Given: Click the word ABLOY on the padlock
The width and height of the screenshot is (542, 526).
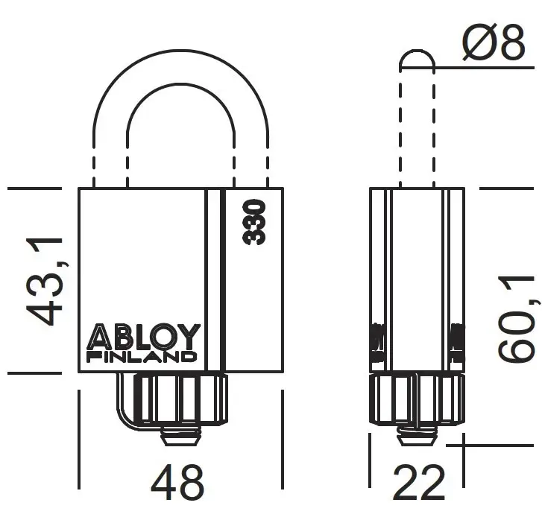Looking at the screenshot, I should (x=144, y=338).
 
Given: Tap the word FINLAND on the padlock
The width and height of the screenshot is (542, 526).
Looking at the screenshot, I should (x=142, y=357).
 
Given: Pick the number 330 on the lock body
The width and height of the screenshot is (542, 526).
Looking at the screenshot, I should (x=255, y=222).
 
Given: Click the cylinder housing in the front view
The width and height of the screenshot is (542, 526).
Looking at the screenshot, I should (x=181, y=399).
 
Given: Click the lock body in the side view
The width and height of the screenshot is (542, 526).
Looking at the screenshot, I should (x=417, y=276).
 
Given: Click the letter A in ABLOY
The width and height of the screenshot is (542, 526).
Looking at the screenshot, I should (x=99, y=338).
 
